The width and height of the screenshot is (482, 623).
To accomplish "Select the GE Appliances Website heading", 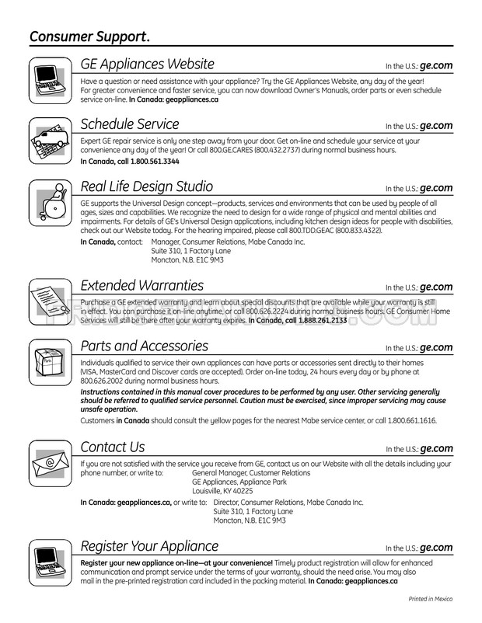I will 148,64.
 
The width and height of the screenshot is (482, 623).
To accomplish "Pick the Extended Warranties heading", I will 142,286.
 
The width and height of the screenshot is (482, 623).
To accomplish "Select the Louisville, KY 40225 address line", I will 222,490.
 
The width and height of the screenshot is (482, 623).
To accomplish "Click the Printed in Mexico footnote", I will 430,599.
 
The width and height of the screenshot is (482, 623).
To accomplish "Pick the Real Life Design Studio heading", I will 147,186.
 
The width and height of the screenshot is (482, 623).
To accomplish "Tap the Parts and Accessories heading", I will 145,346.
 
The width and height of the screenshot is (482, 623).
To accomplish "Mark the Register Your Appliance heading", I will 150,546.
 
